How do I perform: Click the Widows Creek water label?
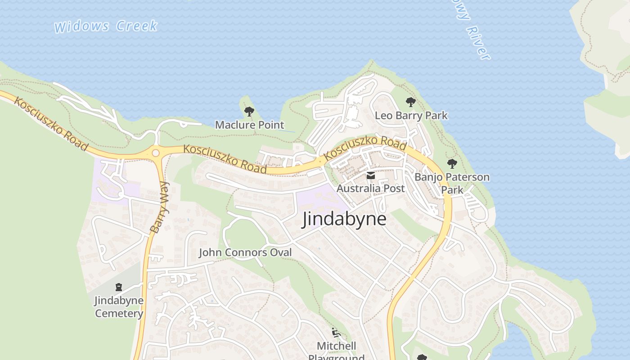[106, 26]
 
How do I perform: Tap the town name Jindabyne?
[344, 219]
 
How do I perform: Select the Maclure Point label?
[249, 125]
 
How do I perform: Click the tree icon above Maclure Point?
[249, 111]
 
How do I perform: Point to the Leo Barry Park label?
[411, 116]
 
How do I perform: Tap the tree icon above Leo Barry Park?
[410, 102]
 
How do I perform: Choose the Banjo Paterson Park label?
[452, 183]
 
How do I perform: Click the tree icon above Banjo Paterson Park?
[452, 164]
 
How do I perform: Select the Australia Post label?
[371, 188]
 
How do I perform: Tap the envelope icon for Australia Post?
[371, 175]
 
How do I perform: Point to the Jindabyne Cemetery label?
[119, 306]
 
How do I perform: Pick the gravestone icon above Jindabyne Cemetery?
[119, 287]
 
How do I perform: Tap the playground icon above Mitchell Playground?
[336, 333]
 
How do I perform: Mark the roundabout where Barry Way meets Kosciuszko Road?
[156, 153]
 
